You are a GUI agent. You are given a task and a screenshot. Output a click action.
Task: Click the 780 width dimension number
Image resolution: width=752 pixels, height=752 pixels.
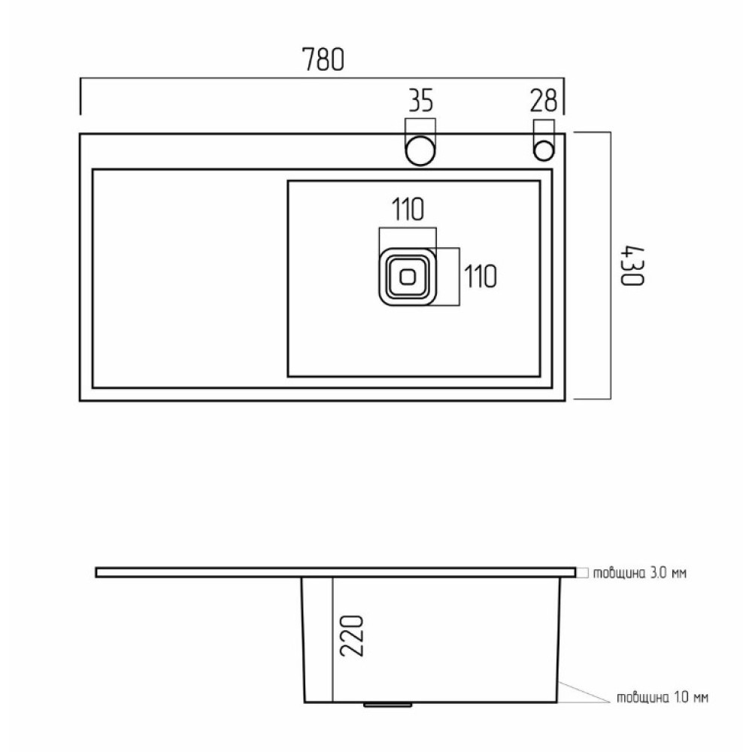323,59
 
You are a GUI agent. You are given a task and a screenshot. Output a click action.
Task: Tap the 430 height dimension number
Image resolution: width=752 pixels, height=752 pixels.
632,266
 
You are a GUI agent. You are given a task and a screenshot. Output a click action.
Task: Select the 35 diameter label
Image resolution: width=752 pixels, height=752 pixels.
420,100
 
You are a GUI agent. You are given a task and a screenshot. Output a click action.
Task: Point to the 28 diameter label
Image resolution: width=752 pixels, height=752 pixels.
544,100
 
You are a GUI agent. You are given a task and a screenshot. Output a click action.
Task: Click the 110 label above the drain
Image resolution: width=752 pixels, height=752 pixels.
408,210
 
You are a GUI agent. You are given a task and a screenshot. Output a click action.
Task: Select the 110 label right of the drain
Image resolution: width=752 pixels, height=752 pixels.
481,276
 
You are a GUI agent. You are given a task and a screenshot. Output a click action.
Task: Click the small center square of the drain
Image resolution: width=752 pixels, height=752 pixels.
408,277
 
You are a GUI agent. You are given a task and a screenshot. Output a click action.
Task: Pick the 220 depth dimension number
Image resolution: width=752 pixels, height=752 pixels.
352,635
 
